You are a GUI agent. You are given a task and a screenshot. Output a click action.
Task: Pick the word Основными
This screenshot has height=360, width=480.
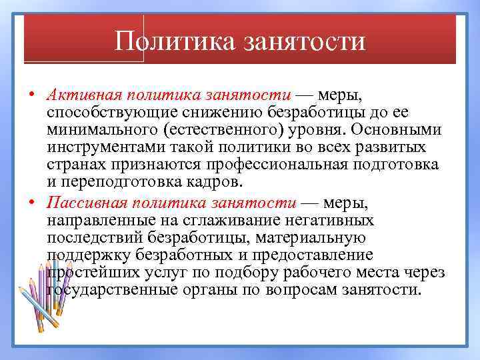384,129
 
